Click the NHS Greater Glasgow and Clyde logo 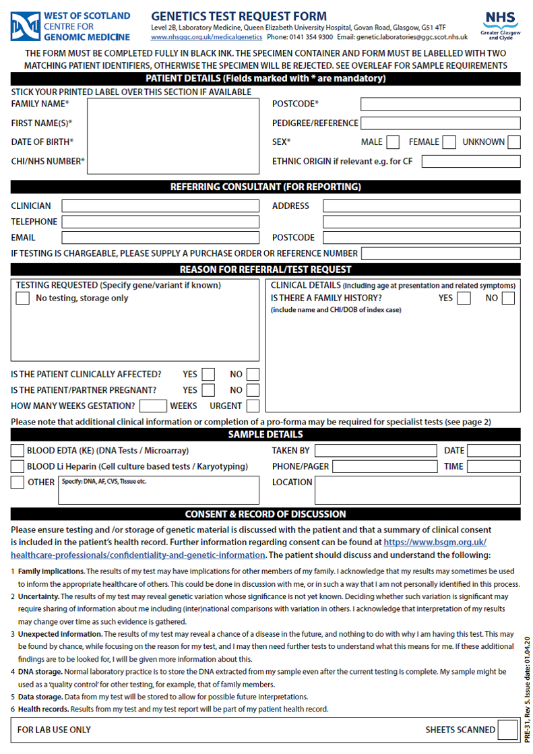501,25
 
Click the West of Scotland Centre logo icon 25,26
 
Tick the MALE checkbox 393,142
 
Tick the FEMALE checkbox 449,142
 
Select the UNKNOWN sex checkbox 514,142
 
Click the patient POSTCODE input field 441,104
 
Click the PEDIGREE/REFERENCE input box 441,123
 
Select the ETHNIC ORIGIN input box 471,161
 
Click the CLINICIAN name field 160,206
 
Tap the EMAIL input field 160,238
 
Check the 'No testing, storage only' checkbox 23,299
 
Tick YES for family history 464,299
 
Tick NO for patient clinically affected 253,375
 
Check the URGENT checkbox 253,406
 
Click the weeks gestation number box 153,406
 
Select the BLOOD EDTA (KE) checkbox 18,451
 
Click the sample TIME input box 494,466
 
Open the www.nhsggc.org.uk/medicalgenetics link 206,38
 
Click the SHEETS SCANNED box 505,730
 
